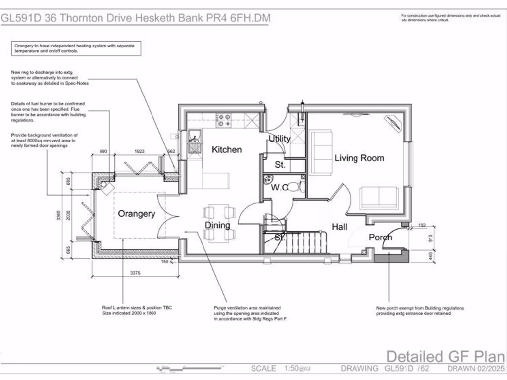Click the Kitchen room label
227,149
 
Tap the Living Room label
359,158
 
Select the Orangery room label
136,214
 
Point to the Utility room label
279,139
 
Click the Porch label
380,237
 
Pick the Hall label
339,227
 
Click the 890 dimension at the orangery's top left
103,152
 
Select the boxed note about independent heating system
76,48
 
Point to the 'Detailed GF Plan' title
445,356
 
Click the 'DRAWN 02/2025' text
475,369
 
